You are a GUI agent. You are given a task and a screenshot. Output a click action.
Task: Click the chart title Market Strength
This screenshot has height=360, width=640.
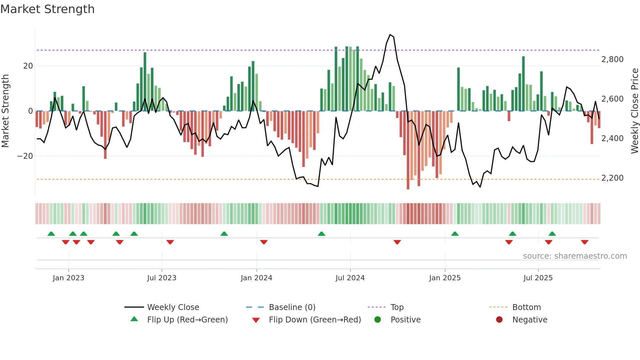tap(47, 9)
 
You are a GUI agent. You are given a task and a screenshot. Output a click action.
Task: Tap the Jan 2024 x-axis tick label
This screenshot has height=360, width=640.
tap(256, 278)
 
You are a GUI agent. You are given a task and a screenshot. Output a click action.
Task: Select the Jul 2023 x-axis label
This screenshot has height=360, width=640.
tap(162, 278)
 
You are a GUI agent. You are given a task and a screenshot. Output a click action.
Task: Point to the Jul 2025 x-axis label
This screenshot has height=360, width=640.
tap(538, 278)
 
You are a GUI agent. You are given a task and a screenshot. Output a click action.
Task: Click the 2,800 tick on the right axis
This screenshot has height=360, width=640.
tap(612, 59)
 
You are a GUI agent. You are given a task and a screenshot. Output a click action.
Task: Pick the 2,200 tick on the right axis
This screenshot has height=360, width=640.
tap(612, 178)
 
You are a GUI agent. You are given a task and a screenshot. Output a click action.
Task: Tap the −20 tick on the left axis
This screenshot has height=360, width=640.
tap(25, 156)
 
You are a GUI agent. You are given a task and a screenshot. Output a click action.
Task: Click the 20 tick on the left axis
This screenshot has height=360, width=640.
tap(28, 66)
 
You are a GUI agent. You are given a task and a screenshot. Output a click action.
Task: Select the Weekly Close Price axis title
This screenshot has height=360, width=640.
tap(634, 111)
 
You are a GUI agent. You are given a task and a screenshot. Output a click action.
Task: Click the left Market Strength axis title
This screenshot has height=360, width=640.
tap(6, 111)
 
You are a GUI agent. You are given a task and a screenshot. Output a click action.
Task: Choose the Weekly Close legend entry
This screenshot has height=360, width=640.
tap(173, 307)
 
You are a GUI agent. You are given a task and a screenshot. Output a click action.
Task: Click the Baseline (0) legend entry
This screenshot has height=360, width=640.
tap(292, 307)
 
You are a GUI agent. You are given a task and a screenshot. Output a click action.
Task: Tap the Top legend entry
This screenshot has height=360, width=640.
tap(397, 307)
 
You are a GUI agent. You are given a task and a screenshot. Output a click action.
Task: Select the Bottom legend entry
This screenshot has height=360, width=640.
tap(526, 307)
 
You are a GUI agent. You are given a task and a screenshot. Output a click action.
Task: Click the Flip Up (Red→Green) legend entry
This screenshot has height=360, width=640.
tap(187, 320)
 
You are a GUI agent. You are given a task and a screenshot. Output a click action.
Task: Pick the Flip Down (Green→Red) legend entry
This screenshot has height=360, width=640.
tap(315, 320)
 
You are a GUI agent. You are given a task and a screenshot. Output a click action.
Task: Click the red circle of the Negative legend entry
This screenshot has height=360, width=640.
tap(499, 320)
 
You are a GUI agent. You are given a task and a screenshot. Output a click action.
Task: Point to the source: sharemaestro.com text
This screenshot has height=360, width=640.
tap(575, 256)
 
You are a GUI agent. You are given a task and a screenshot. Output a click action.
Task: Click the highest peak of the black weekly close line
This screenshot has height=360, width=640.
tap(390, 35)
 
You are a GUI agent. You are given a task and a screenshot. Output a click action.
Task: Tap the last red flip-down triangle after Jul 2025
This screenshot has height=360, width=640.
tap(584, 242)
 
